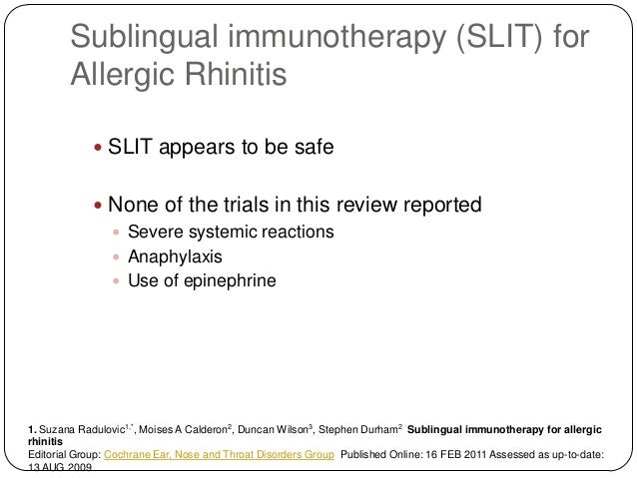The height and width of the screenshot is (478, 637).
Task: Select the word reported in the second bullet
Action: [x=439, y=207]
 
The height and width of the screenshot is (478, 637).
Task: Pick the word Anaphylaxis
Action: [x=174, y=256]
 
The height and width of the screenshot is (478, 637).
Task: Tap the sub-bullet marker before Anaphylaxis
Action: [x=117, y=256]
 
